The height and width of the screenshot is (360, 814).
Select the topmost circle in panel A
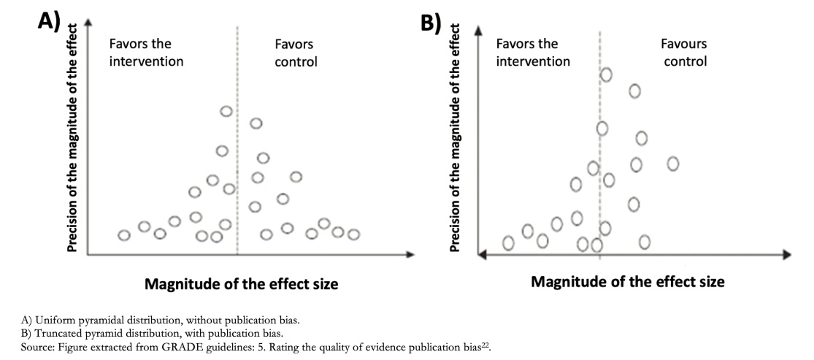[x=226, y=111]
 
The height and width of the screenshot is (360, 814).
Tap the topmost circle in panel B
[x=606, y=74]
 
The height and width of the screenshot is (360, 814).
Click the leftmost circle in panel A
[x=123, y=235]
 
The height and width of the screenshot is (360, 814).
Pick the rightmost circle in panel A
[x=353, y=235]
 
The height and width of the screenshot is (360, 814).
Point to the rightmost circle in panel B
[x=673, y=164]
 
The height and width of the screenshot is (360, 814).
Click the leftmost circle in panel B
[x=508, y=243]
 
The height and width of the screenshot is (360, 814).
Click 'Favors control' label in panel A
[x=296, y=53]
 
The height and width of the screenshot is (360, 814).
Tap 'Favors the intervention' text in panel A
[x=145, y=53]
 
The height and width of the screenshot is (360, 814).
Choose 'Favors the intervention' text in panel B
[x=533, y=53]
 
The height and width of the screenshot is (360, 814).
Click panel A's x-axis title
[x=241, y=284]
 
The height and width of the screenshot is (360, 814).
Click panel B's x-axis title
[x=628, y=283]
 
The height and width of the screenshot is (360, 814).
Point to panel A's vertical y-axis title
[x=73, y=139]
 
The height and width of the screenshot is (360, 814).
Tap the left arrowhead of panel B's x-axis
[x=482, y=255]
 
